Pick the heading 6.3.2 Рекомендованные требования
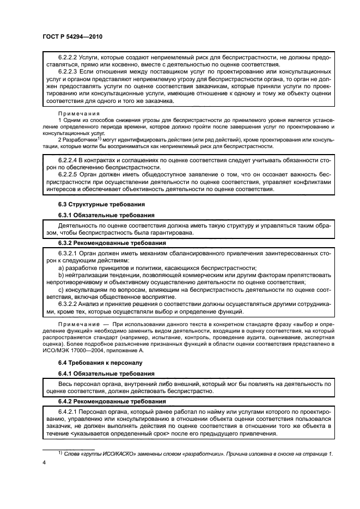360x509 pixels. click(x=109, y=243)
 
